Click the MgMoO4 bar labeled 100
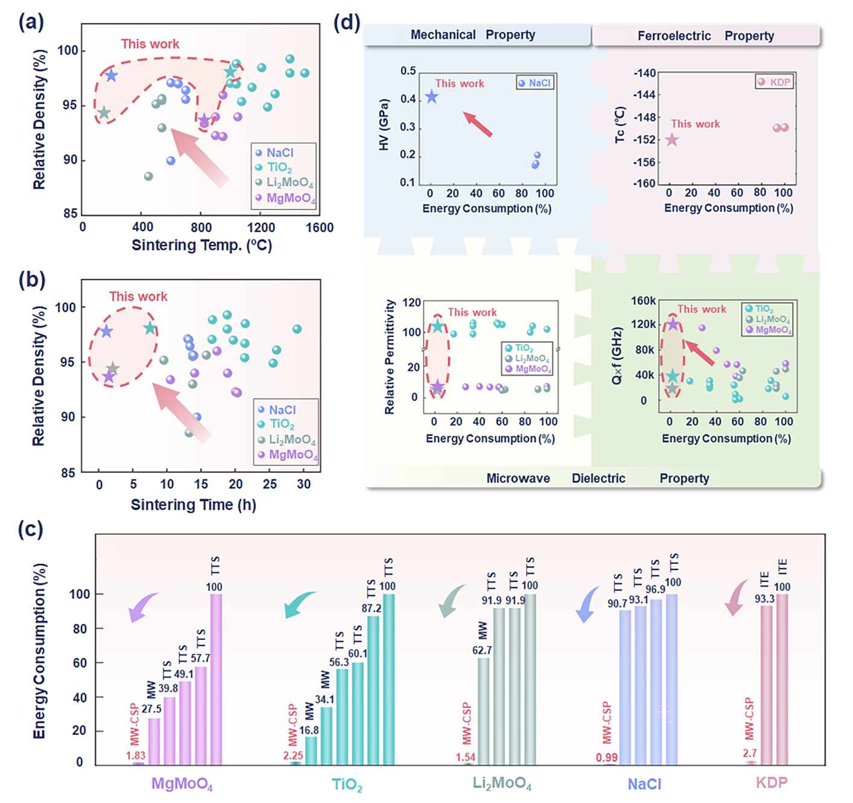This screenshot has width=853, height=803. click(216, 679)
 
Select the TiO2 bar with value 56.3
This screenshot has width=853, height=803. click(342, 716)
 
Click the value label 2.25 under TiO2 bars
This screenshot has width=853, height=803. click(293, 755)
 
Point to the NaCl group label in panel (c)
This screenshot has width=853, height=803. click(644, 784)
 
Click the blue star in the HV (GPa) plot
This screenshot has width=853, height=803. click(431, 97)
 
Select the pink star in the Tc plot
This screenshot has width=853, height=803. click(671, 140)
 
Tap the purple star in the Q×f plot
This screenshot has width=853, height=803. click(673, 325)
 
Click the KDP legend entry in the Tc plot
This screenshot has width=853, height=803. click(774, 82)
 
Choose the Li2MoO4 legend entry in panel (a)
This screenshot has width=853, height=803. click(285, 182)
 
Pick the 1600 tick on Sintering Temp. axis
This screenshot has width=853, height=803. click(319, 228)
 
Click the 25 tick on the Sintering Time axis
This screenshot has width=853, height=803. click(270, 484)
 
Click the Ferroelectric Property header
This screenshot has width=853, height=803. click(705, 36)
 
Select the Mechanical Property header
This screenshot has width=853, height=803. click(472, 35)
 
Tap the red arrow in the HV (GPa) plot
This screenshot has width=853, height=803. click(478, 124)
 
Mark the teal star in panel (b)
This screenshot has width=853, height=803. click(150, 328)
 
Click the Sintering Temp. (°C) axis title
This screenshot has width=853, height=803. click(201, 245)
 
